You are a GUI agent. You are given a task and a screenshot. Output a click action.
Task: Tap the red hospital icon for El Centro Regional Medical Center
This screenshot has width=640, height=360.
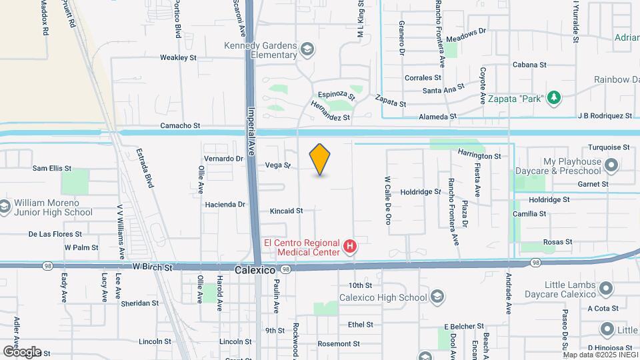349,247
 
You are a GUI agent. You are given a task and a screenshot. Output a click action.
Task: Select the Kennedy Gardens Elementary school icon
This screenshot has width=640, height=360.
307,49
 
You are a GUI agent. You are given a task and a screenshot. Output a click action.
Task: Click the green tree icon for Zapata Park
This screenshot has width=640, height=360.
553,99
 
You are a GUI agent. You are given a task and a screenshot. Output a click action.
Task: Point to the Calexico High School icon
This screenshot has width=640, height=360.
437,297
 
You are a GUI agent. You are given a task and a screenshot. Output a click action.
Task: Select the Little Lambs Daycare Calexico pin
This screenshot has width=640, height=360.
606,289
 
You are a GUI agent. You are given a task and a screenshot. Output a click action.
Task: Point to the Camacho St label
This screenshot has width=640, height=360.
180,125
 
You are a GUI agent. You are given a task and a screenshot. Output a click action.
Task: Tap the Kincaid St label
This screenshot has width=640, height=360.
286,211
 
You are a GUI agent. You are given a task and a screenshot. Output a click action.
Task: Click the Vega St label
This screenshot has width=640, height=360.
278,165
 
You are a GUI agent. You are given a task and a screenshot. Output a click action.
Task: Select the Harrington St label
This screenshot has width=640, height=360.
479,155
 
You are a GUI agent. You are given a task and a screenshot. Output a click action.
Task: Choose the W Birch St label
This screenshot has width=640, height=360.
152,267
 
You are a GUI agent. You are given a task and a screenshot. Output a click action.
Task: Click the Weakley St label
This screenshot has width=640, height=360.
178,58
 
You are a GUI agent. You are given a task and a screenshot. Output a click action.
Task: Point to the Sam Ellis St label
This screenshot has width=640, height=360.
51,169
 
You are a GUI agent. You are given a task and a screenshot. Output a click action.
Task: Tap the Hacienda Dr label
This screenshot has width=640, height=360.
225,205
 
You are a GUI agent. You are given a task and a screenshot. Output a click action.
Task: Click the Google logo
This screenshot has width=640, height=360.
22,351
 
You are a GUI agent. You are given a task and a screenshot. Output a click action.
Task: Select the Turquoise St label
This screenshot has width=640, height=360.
608,147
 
